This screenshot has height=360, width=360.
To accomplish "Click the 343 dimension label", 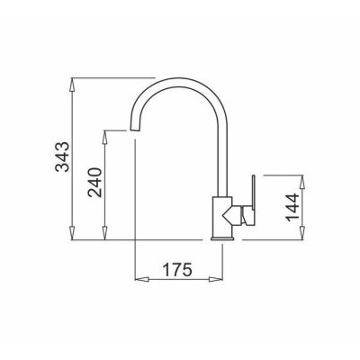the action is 63,157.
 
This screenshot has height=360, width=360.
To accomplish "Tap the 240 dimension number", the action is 95,182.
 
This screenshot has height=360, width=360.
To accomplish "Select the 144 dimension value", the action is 292,208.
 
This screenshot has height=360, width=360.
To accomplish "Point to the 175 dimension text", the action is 177,269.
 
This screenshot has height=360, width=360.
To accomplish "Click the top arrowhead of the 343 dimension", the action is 72,85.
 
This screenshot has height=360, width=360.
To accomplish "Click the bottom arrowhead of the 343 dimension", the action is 72,233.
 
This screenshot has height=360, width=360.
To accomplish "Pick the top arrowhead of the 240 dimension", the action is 104,137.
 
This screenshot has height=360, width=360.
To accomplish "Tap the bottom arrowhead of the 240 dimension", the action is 104,233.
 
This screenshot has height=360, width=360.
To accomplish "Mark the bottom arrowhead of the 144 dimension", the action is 302,233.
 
